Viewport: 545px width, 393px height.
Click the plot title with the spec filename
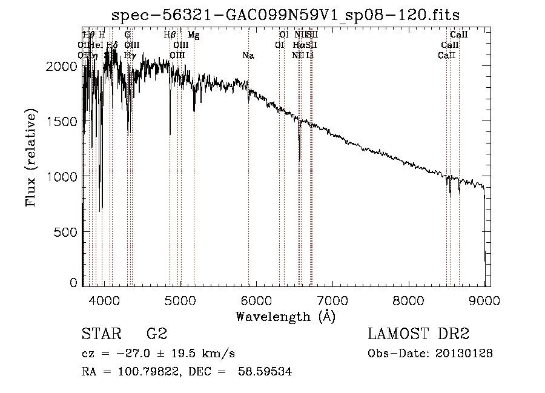click(290, 15)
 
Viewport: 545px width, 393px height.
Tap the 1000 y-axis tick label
click(62, 176)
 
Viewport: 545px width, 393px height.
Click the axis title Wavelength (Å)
click(285, 315)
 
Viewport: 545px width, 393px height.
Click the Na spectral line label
click(248, 56)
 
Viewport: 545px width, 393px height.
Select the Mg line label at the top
click(193, 35)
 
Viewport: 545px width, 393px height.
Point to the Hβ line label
click(170, 35)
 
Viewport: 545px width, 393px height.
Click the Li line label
click(309, 56)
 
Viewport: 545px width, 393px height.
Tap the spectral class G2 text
click(157, 334)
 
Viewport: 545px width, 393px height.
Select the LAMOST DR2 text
click(418, 334)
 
